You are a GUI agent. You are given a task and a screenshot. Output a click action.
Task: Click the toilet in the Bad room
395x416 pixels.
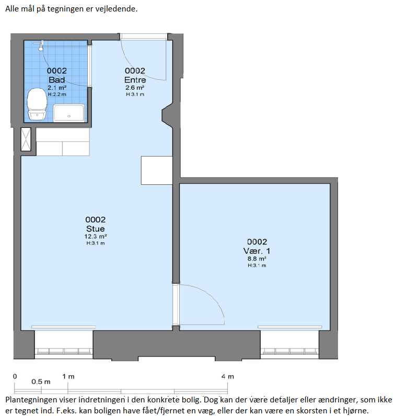(37, 104)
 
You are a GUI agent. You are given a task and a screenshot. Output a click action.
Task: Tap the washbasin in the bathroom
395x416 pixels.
(69, 113)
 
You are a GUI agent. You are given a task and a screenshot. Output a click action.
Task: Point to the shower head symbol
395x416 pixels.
(40, 46)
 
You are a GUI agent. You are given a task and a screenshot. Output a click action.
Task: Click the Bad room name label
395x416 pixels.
(57, 79)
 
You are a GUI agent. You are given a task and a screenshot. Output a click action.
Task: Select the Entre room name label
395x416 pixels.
(135, 79)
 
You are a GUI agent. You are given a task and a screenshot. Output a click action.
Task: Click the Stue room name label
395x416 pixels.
(96, 229)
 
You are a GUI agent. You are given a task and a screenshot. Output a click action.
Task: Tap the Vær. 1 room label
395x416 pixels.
(257, 251)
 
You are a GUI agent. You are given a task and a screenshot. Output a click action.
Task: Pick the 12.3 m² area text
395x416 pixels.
(96, 236)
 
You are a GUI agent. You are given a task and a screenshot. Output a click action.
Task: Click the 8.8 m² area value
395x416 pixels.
(257, 259)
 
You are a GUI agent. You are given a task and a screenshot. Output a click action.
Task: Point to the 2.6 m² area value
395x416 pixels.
(135, 88)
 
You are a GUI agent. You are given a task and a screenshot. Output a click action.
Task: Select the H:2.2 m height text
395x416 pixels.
(57, 94)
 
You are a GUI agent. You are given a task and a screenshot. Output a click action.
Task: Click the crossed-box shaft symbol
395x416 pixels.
(26, 139)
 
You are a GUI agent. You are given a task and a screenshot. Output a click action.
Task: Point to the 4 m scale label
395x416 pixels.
(228, 376)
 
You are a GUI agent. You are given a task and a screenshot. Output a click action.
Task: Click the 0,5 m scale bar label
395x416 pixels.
(41, 382)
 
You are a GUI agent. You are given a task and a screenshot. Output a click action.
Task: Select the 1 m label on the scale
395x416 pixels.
(68, 376)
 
